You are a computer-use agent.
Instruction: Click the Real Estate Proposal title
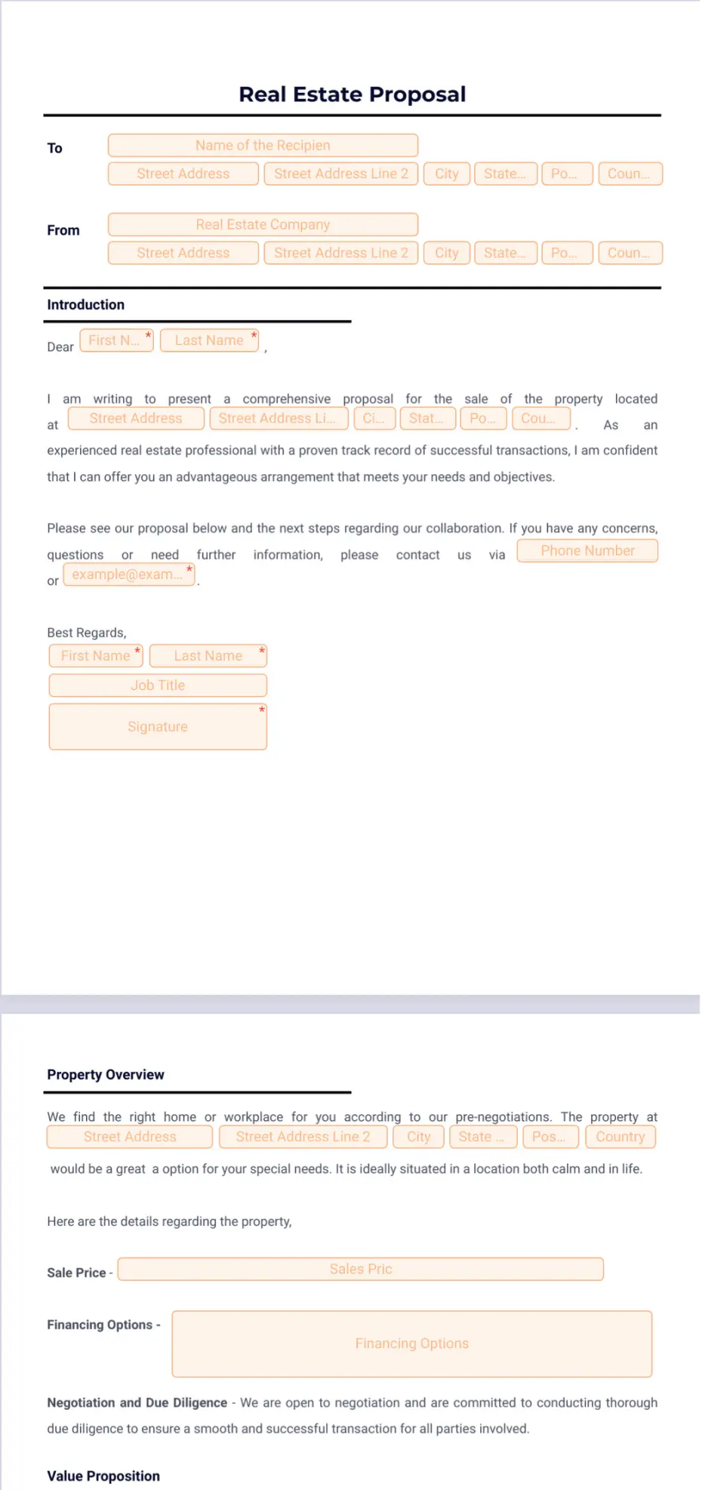pos(352,94)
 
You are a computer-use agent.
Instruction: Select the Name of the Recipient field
pos(263,146)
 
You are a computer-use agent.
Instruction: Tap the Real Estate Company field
pos(263,225)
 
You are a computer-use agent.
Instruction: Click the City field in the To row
pos(447,174)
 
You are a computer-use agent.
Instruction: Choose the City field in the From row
pos(447,253)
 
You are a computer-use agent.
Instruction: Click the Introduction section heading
pos(85,305)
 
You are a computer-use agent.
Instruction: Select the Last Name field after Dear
pos(209,341)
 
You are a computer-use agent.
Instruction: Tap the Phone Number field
pos(587,551)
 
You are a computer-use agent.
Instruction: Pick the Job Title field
pos(158,685)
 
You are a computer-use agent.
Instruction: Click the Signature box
pos(158,727)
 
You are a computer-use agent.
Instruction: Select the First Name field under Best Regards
pos(96,656)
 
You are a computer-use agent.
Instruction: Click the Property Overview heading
pos(106,1075)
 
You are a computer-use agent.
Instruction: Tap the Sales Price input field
pos(361,1270)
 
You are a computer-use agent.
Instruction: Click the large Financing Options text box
pos(412,1344)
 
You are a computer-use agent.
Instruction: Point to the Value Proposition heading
pos(103,1476)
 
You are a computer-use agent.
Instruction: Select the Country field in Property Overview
pos(620,1138)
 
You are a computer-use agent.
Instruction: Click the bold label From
pos(63,230)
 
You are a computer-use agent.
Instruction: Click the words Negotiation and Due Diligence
pos(137,1402)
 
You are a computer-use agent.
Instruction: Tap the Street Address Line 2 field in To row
pos(341,174)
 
